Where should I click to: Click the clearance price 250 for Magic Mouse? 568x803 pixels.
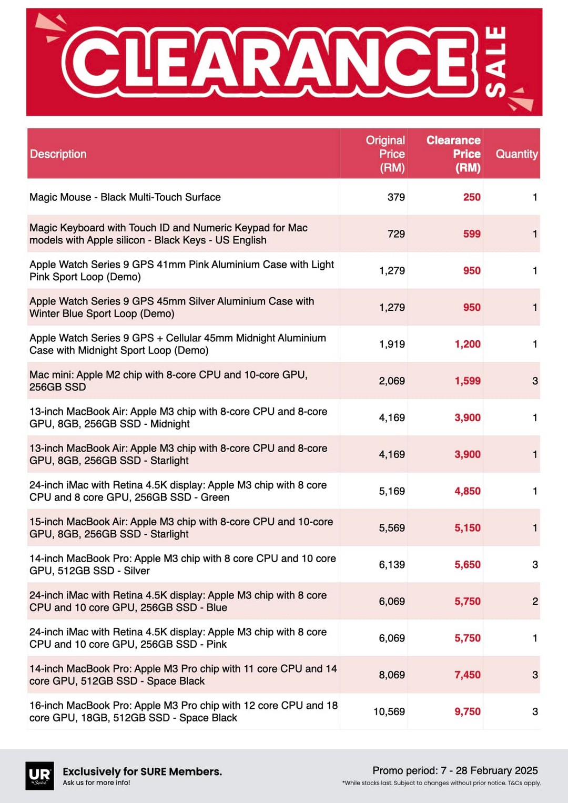coord(471,197)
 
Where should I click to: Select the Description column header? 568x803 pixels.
coord(58,154)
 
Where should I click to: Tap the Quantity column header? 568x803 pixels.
coord(516,154)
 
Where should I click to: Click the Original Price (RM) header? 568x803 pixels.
coord(386,154)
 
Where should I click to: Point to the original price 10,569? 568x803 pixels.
coord(389,711)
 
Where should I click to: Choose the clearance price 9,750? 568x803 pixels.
coord(468,711)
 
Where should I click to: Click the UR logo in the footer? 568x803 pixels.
coord(39,775)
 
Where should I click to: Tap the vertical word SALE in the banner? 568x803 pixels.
coord(496,62)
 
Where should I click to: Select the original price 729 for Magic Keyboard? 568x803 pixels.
coord(396,234)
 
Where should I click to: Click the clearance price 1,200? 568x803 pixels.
coord(468,344)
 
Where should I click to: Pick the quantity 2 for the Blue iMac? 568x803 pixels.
coord(535,602)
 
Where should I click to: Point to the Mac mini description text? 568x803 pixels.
coord(168,381)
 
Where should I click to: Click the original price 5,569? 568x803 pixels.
coord(392,528)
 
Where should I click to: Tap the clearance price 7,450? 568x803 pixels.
coord(468,675)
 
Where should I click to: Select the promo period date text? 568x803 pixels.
coord(455,770)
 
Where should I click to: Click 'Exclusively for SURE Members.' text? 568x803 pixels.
coord(142,771)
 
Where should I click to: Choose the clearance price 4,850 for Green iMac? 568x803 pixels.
coord(468,491)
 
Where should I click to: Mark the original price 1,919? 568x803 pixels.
coord(392,344)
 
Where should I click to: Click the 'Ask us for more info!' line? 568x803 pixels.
coord(96,782)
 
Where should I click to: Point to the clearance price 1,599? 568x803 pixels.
coord(468,381)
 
